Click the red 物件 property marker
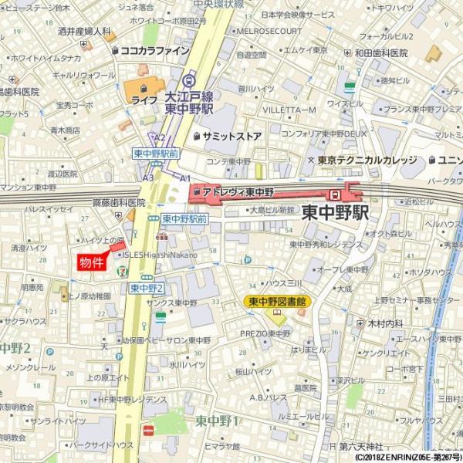point(92,262)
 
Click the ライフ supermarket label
point(144,100)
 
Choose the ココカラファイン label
point(154,50)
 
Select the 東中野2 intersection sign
point(147,288)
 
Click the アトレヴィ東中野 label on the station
point(238,191)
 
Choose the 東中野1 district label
point(217,421)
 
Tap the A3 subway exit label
point(147,177)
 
